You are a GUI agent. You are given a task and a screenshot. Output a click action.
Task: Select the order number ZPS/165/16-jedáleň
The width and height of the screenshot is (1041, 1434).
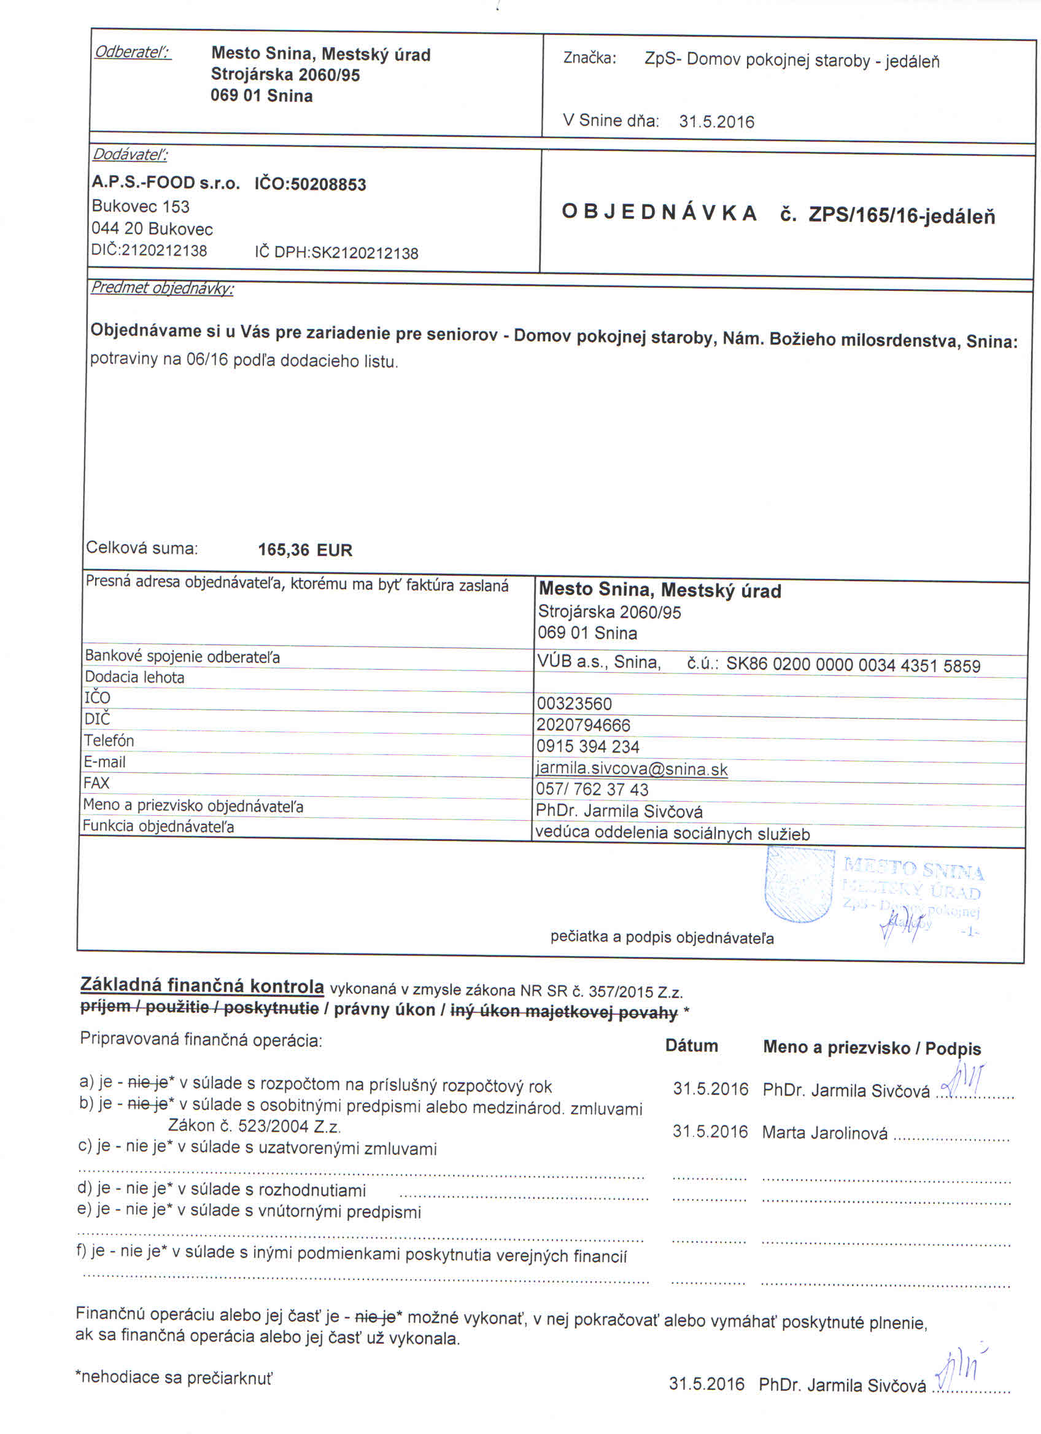901,216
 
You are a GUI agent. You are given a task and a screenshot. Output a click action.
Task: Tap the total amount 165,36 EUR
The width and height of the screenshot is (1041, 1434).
304,550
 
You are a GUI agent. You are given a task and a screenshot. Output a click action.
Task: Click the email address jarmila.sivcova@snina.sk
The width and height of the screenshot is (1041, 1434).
632,769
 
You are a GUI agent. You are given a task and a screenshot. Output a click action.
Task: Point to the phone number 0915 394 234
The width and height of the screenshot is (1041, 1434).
588,746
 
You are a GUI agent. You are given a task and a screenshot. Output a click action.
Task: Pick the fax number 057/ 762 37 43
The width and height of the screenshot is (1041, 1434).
592,789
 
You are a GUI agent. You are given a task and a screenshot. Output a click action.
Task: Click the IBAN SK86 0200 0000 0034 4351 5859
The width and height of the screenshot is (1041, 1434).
853,666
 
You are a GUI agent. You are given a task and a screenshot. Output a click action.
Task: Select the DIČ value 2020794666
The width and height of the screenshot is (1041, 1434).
583,725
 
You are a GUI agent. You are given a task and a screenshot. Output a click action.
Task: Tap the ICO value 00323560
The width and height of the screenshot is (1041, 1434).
574,703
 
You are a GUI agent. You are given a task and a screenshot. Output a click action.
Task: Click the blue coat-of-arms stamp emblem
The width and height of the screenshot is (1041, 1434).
799,885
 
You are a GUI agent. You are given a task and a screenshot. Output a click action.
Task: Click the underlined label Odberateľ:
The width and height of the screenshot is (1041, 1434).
132,52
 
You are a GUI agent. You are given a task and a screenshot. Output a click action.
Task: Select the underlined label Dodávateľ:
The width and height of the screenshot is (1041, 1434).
130,155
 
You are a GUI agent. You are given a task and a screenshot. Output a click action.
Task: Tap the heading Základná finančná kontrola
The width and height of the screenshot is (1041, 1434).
203,986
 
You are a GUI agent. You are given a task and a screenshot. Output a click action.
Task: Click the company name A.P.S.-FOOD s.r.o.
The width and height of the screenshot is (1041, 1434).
166,184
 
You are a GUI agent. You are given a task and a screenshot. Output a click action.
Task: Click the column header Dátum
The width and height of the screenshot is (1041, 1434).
692,1046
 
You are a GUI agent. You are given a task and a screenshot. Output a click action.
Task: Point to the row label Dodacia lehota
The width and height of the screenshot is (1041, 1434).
134,678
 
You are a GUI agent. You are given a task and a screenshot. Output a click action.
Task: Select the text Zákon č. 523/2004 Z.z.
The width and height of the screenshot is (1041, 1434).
255,1126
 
